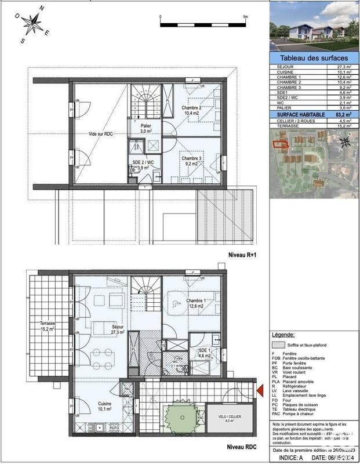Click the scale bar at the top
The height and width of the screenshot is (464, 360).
tap(203, 24)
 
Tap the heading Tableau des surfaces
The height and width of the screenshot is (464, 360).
tap(314, 59)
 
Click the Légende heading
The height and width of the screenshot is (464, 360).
tap(283, 335)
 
